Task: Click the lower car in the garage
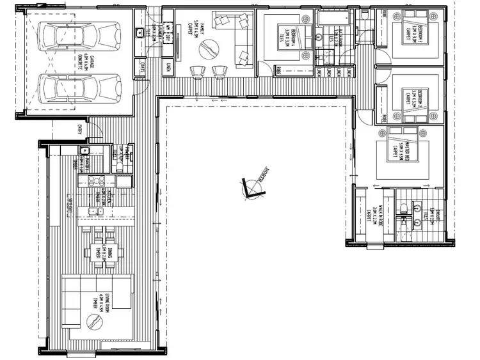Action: point(81,87)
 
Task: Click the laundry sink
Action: point(137,33)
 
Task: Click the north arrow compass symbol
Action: point(252,186)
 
